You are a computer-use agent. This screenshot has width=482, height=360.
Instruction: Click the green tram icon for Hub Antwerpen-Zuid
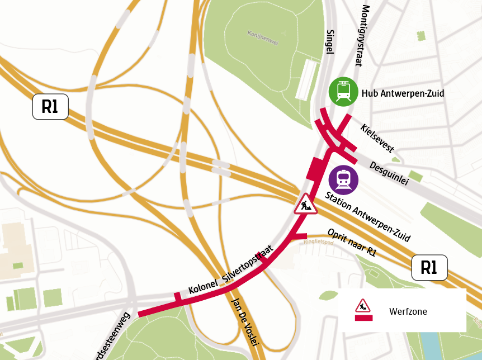click(x=343, y=91)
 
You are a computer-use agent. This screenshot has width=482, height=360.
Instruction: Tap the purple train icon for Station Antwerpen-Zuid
click(x=343, y=179)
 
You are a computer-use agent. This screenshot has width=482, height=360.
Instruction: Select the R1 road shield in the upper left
click(x=50, y=106)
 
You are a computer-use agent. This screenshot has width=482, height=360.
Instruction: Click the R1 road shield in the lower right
click(x=429, y=268)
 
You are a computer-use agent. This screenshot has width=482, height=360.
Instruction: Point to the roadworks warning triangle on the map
click(x=306, y=204)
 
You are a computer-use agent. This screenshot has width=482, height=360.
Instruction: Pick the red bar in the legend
click(x=363, y=318)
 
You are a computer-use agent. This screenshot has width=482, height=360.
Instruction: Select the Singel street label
click(x=329, y=42)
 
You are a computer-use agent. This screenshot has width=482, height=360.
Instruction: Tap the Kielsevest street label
click(x=377, y=138)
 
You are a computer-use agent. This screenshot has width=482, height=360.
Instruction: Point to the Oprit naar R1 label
click(x=352, y=242)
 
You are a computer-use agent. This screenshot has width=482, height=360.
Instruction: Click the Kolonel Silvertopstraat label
click(x=230, y=271)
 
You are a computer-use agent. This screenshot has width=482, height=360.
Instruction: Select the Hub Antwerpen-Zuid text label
click(x=403, y=93)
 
